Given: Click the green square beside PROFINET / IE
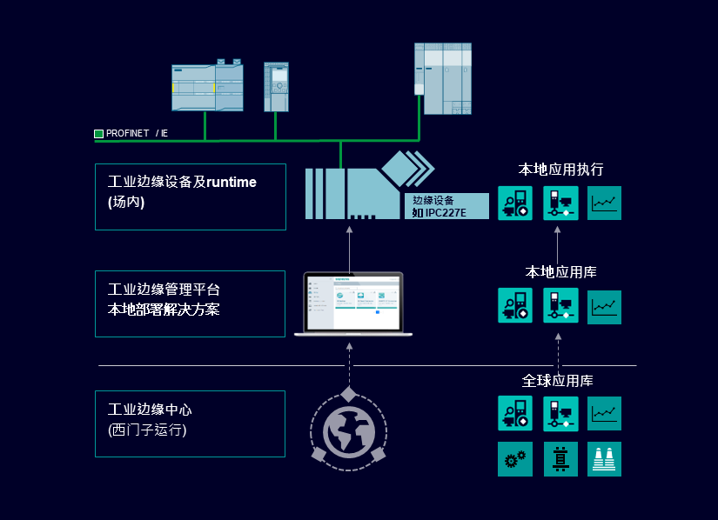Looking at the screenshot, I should pos(98,134).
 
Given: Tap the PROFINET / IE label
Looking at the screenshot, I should pos(137,134).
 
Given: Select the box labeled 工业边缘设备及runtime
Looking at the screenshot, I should pos(190,197).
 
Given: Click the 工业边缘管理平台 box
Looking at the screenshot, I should pos(190,303).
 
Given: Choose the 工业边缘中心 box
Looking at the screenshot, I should pos(190,423).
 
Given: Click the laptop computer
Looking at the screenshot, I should pos(352,304).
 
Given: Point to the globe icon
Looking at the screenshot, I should pos(348,430).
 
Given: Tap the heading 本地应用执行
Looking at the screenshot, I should pos(560,169).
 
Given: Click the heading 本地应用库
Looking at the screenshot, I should pos(560,272).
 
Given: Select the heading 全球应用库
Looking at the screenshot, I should pos(558,381).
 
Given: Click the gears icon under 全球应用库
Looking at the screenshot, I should pos(514,459).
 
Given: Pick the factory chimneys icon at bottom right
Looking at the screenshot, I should pos(604,459).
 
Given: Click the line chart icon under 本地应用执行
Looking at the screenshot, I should pos(604,203).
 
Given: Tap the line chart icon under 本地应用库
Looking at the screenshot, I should pos(604,306).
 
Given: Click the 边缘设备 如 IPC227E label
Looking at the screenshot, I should pos(446,206).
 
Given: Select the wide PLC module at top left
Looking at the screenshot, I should pos(206,86).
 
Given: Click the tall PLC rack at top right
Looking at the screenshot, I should pos(442,78).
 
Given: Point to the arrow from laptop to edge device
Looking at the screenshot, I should pos(349,250).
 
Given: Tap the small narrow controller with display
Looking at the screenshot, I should pos(276,86).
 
